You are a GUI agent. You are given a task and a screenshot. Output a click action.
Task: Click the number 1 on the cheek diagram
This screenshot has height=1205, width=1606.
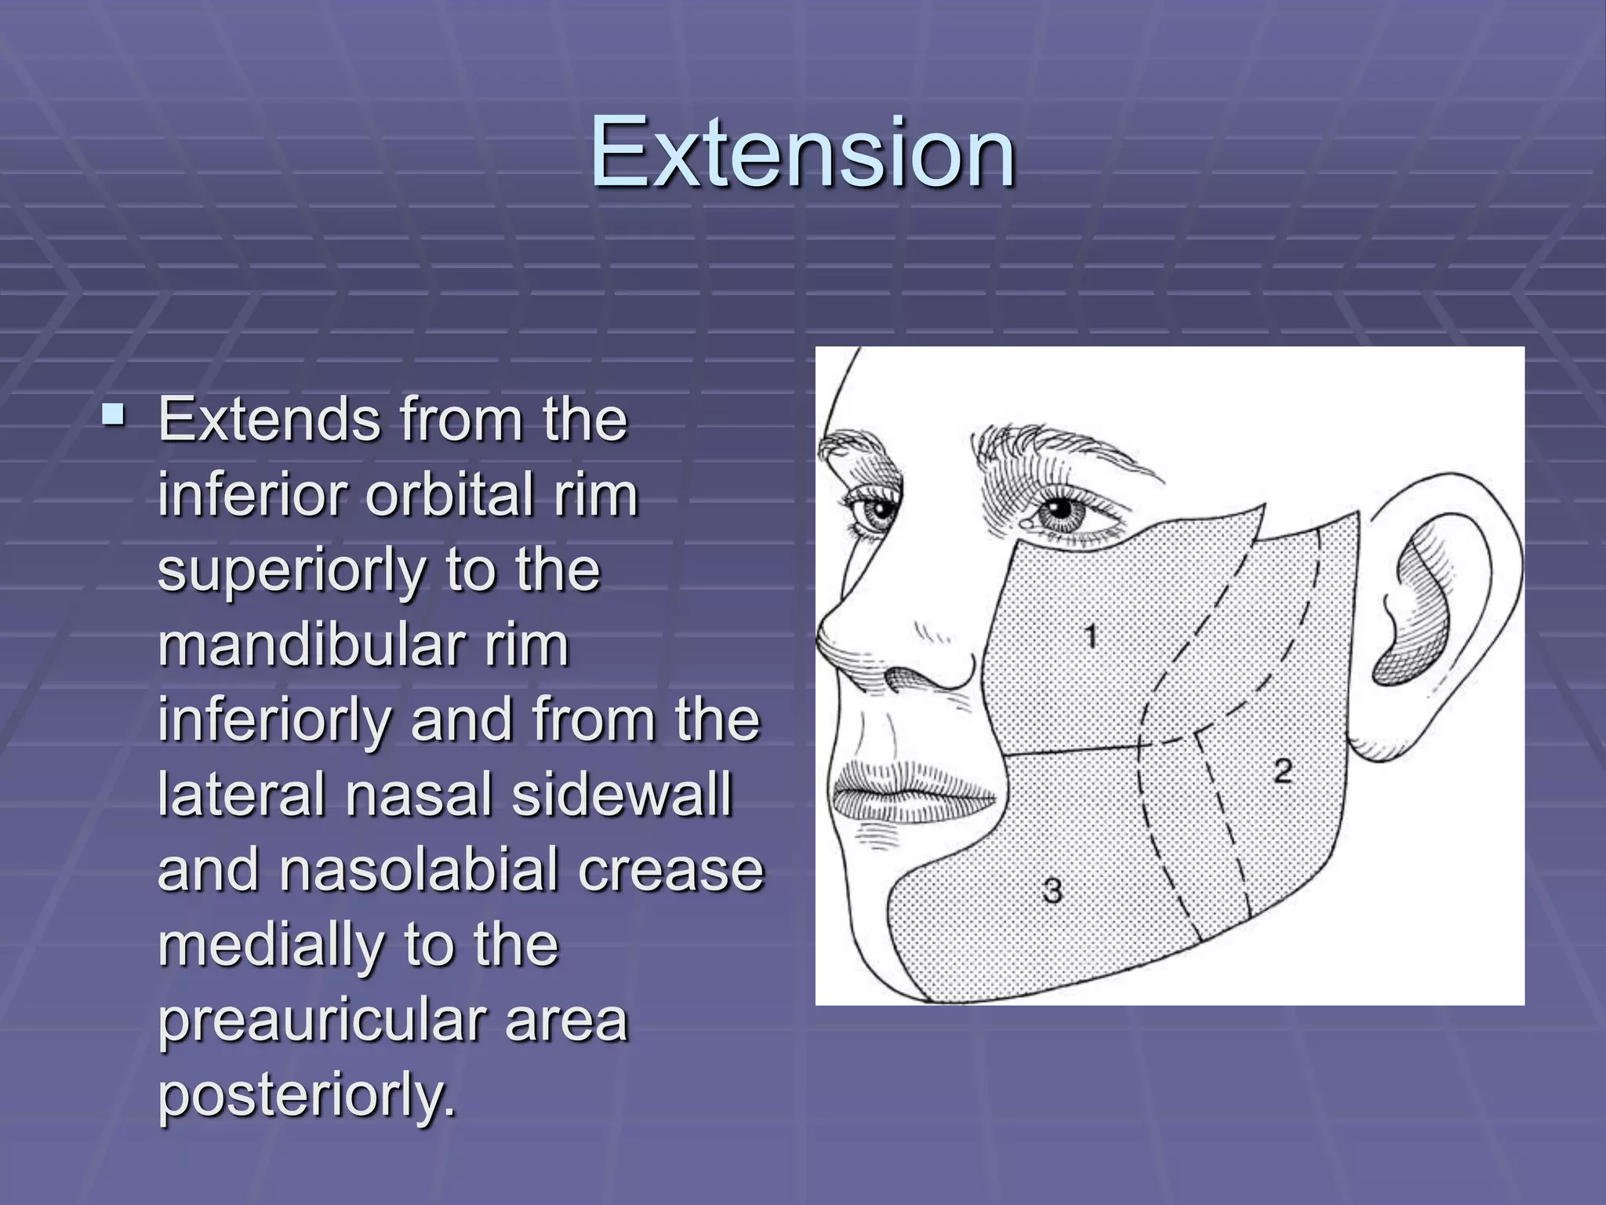(1091, 635)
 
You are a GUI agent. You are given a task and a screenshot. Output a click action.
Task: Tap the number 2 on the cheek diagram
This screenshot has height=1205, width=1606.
(1283, 770)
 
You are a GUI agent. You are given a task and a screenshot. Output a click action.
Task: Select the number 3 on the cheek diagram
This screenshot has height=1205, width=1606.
(1052, 890)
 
